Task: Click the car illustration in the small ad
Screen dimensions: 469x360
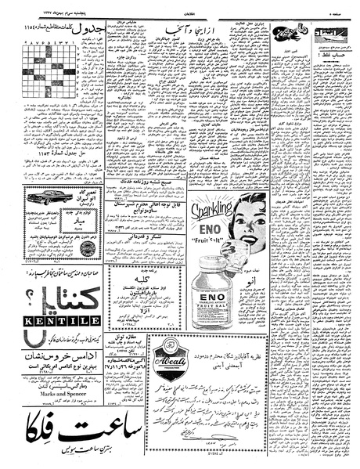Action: [x=53, y=198]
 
